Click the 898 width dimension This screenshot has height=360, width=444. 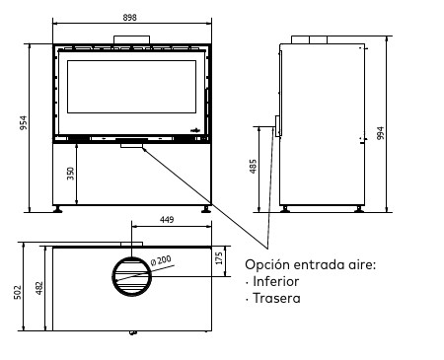click(129, 17)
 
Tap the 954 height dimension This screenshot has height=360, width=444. click(24, 122)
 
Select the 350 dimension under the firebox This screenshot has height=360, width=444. click(71, 174)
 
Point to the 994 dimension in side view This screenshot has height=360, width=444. click(380, 133)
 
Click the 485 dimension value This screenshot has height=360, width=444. click(253, 167)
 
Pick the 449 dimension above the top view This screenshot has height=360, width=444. click(167, 219)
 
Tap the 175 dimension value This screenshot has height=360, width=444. click(219, 258)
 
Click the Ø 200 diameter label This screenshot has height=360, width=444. click(161, 260)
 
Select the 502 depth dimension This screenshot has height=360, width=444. click(18, 292)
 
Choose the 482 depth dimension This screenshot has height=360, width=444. click(39, 288)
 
